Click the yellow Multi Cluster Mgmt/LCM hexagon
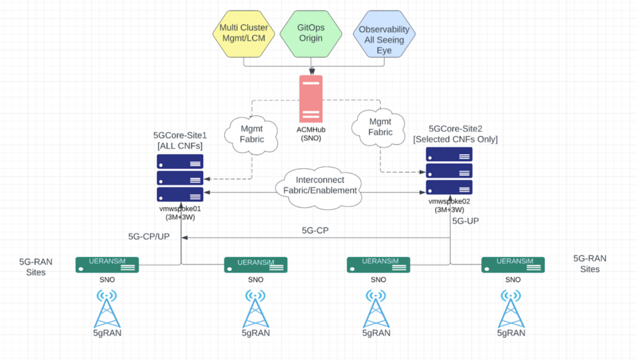243,34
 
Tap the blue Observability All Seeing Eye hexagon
383,35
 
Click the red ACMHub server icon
311,99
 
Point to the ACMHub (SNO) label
311,134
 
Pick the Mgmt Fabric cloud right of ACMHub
379,127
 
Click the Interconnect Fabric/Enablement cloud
320,185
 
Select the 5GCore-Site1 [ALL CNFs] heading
180,140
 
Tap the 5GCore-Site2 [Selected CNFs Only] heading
455,134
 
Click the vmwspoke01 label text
180,208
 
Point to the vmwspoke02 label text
449,201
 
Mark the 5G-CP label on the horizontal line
315,231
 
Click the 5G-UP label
465,221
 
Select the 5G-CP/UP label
149,236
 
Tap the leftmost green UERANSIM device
107,265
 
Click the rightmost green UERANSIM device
513,265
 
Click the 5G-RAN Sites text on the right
589,263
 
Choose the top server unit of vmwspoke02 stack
449,155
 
